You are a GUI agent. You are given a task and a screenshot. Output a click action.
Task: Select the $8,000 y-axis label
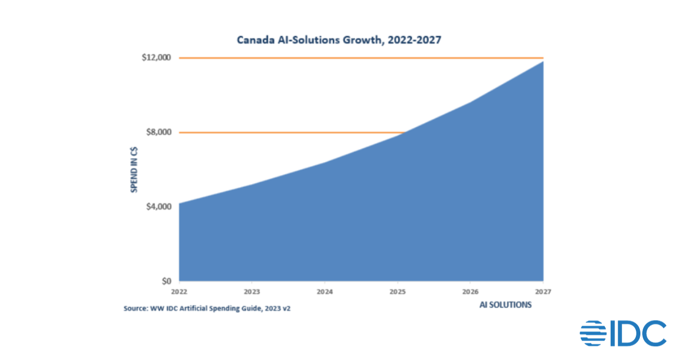(x=159, y=132)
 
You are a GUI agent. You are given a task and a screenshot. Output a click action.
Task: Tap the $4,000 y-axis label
(x=159, y=206)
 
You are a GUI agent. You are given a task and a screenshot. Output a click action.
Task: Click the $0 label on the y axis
(x=166, y=281)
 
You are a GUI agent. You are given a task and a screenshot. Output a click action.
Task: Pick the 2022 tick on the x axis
(x=179, y=290)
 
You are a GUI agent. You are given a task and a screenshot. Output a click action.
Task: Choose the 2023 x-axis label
(x=252, y=290)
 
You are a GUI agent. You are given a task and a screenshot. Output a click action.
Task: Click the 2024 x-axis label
(x=325, y=290)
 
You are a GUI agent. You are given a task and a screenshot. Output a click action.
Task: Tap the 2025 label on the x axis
(x=398, y=290)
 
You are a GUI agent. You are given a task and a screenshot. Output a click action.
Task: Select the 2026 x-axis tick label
(x=471, y=290)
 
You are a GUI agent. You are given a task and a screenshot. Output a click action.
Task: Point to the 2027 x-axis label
(x=543, y=290)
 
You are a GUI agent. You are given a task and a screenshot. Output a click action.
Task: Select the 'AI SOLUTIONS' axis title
(x=506, y=305)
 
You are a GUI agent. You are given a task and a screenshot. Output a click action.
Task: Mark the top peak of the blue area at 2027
(x=542, y=61)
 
